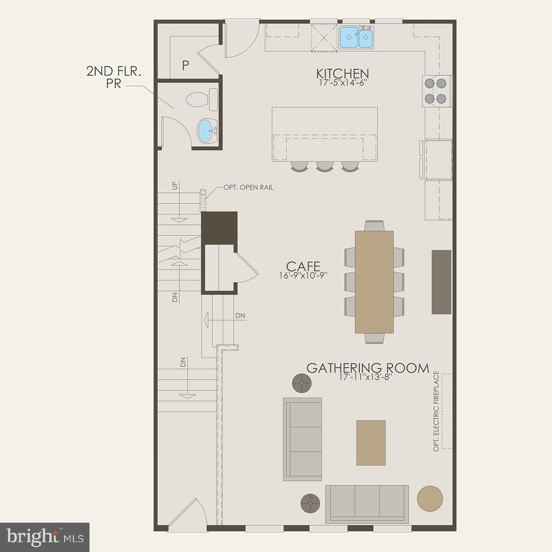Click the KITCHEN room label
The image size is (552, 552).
(x=342, y=73)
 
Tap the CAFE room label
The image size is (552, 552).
(x=303, y=266)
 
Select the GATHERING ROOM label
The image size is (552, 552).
(x=368, y=368)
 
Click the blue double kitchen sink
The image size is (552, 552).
(x=356, y=37)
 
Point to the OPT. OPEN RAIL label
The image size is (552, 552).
(x=248, y=187)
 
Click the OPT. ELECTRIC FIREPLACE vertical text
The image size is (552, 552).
(x=436, y=411)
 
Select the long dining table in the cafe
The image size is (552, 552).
(x=374, y=282)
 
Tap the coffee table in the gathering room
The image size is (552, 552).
(x=370, y=442)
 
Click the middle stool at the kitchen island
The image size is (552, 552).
(x=325, y=166)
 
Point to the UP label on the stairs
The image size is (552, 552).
(x=175, y=185)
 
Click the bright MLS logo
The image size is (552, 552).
(x=45, y=537)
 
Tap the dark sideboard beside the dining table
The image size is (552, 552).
(x=441, y=282)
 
